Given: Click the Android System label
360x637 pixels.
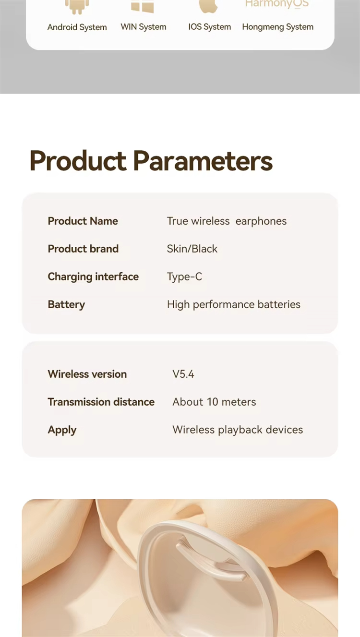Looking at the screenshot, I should (77, 27).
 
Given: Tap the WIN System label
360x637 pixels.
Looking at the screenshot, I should (144, 27).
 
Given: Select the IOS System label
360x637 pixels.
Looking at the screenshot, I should (209, 27).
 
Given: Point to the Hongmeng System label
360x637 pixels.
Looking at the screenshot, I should (277, 27).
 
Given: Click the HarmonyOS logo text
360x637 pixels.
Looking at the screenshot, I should (276, 4).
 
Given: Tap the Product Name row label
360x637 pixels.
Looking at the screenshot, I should (83, 221).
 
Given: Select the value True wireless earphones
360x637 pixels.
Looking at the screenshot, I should (227, 221).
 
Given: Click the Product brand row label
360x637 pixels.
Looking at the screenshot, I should (83, 249).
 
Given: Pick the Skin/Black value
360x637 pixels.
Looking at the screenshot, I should (192, 249).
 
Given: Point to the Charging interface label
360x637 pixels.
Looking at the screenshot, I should (93, 276).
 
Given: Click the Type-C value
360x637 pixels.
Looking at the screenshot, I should (184, 276).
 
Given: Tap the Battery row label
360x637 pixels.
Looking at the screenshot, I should (66, 304).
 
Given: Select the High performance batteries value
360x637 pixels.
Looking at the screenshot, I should (233, 304).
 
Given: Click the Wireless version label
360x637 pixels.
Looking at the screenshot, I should (87, 374).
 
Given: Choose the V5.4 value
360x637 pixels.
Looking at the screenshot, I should (183, 374).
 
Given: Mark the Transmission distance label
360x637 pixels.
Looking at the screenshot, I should (101, 402).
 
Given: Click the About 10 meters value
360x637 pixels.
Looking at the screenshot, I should (214, 402).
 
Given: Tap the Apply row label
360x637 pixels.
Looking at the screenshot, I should (62, 430).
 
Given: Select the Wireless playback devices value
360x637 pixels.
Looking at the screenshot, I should (238, 430).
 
